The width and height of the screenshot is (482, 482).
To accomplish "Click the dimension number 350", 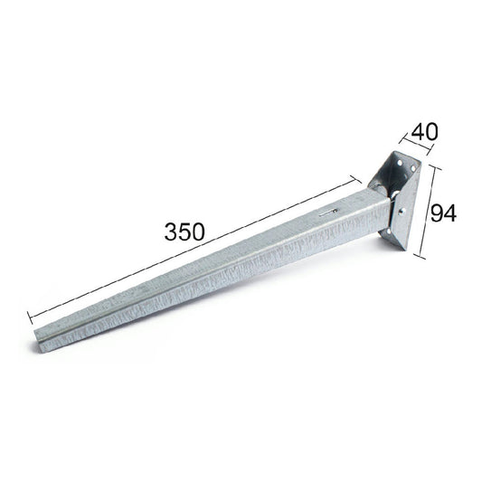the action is point(184,232).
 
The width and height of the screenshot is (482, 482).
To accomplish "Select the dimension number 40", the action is point(424,132).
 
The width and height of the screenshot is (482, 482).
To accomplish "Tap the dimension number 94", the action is point(443,213).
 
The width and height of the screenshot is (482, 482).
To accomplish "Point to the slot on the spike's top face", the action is point(328,213).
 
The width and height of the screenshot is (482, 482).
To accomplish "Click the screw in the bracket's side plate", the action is point(402,212).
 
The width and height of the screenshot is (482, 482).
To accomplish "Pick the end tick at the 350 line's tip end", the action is point(30,317).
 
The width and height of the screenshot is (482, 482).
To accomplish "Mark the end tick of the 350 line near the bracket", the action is point(356,180).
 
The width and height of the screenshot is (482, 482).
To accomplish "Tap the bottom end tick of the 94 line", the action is point(420,256).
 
